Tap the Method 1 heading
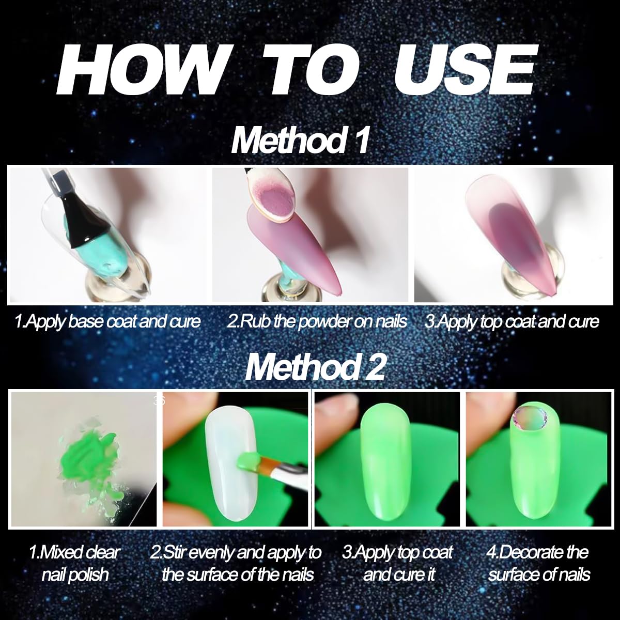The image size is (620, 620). (x=300, y=141)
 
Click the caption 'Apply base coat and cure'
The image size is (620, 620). (x=107, y=321)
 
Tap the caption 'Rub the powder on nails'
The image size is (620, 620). (x=317, y=321)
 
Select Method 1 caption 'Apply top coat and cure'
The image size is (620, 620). (x=512, y=321)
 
